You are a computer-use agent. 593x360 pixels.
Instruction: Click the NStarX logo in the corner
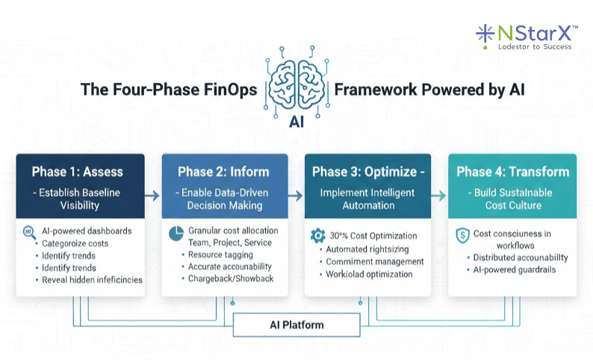[x=526, y=35]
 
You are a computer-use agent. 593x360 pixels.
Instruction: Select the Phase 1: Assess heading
[x=78, y=173]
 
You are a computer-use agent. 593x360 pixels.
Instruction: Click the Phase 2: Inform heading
[x=225, y=173]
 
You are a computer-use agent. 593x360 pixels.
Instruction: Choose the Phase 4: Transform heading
[x=512, y=173]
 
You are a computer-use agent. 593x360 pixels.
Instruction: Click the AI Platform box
[x=296, y=325]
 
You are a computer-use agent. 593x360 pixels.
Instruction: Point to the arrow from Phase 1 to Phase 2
[x=152, y=196]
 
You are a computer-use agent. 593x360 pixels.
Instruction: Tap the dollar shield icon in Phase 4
[x=462, y=236]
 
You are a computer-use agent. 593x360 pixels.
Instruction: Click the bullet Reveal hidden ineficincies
[x=86, y=279]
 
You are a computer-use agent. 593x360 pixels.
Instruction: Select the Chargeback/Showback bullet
[x=230, y=279]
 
